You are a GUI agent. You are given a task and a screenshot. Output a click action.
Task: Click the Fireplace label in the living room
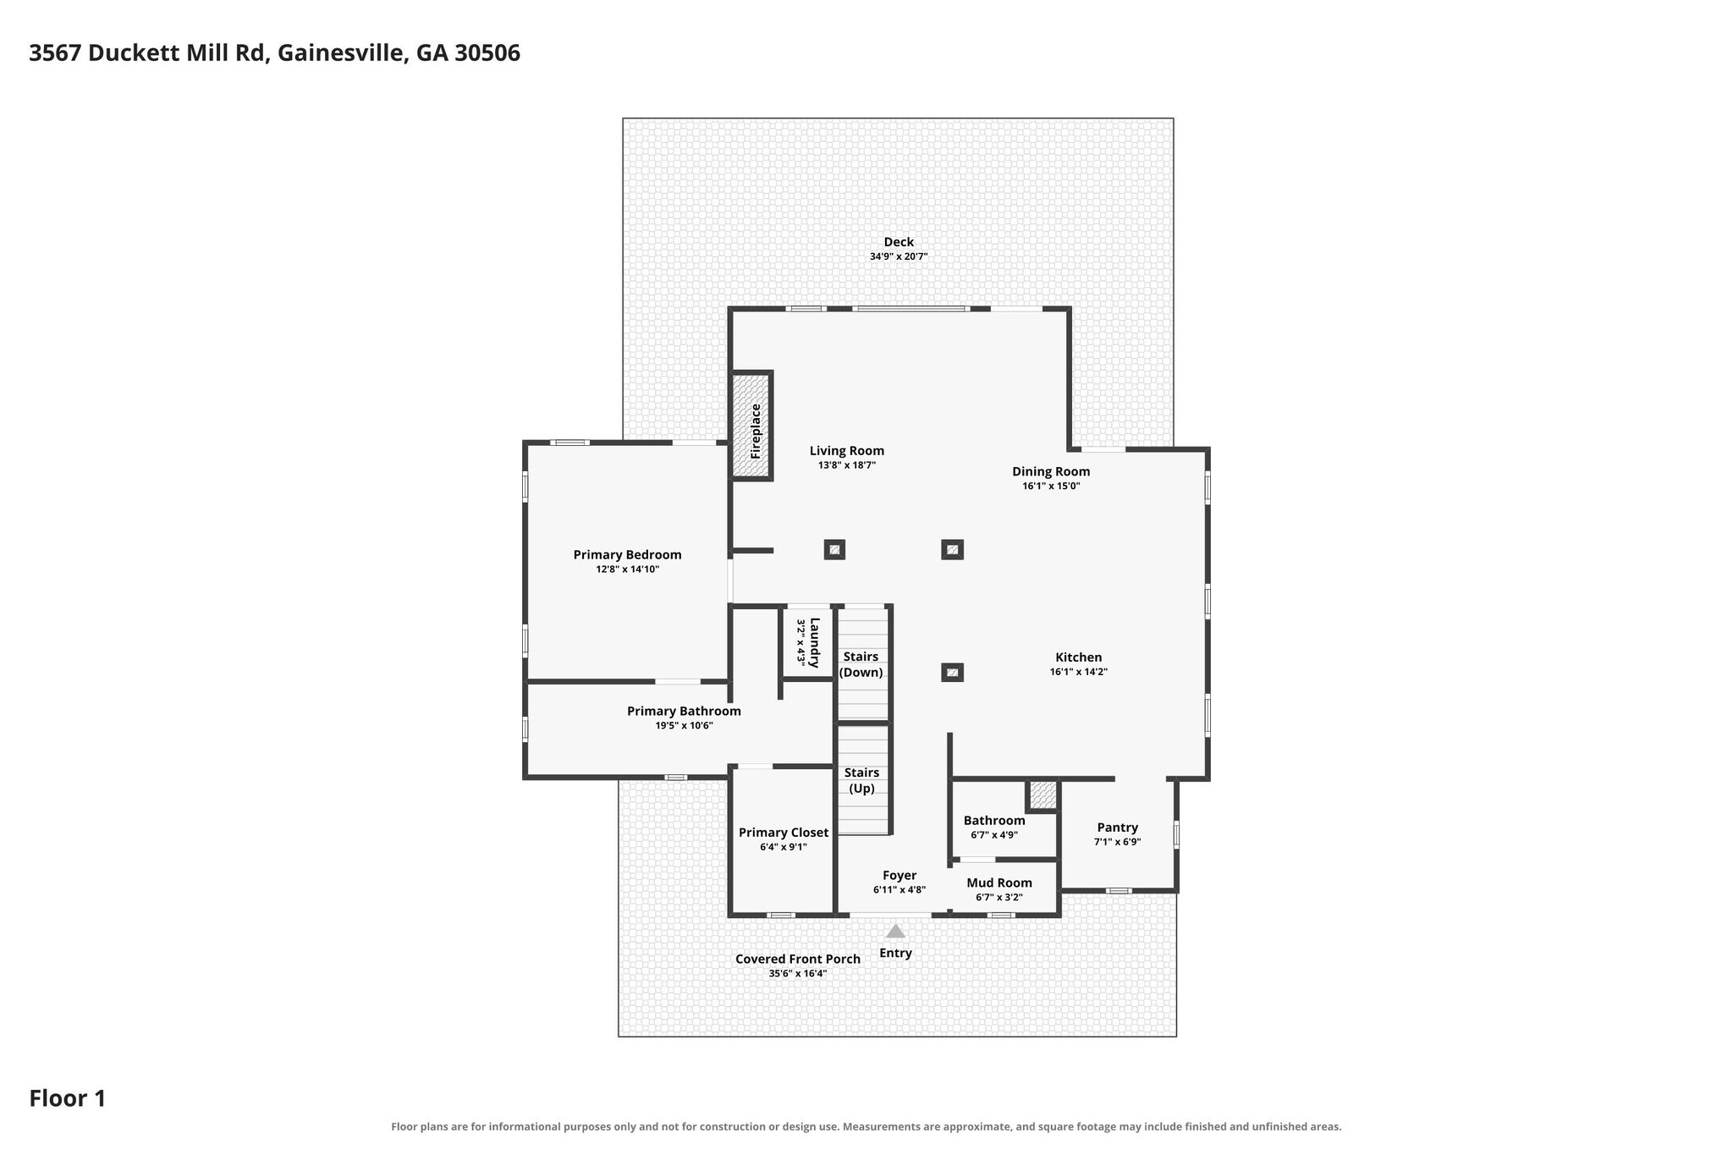coord(756,431)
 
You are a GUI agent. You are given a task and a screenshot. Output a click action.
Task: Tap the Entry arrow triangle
coord(895,931)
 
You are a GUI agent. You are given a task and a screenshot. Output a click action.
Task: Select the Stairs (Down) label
coord(861,664)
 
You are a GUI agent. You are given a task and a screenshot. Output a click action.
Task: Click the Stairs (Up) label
coord(861,780)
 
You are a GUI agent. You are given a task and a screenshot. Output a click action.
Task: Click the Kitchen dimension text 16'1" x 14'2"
coord(1079,672)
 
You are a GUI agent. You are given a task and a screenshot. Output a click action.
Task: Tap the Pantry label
coord(1118,828)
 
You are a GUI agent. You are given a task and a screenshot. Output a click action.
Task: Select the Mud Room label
coord(999,883)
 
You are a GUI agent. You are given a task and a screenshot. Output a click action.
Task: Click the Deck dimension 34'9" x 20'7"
coord(899,256)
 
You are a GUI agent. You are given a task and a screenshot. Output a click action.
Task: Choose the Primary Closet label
coord(784,833)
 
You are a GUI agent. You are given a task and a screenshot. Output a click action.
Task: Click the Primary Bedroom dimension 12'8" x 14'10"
coord(627,569)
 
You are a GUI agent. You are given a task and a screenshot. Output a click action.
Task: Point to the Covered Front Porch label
coord(798,959)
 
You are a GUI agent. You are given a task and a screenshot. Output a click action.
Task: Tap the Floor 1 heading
coord(68,1098)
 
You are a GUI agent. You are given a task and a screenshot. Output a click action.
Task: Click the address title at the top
coord(275,53)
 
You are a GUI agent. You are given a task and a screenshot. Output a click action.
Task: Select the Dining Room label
coord(1051,471)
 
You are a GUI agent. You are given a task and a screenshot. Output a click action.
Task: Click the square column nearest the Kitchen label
coord(952,673)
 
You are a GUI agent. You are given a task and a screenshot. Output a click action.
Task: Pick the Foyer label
coord(900,876)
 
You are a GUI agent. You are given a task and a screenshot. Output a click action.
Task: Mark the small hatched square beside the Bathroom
coord(1043,795)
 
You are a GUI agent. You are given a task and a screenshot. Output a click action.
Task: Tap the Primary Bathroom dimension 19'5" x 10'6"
coord(684,725)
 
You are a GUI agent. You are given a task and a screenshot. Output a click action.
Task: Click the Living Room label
coord(847,451)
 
